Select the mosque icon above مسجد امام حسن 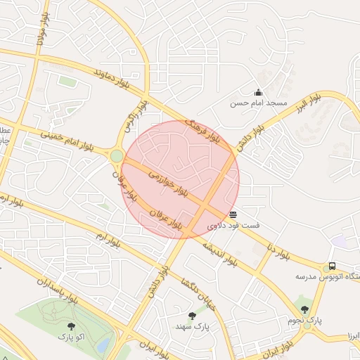(x=259, y=92)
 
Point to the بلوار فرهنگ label (x=202, y=131)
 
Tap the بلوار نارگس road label (x=136, y=117)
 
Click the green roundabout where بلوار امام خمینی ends (x=117, y=156)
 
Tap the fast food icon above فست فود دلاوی (x=233, y=214)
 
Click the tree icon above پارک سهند (x=192, y=316)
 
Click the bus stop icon (x=331, y=266)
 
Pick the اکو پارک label (x=71, y=337)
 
